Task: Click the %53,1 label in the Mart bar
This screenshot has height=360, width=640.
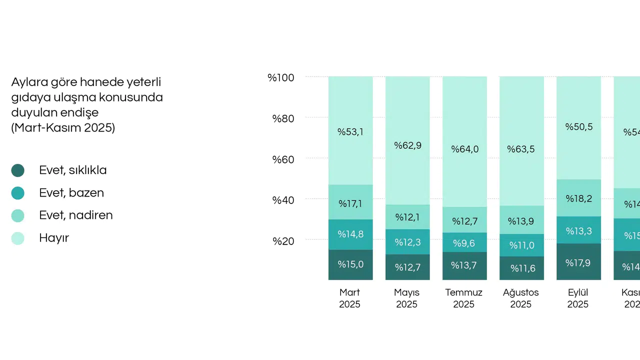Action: (350, 132)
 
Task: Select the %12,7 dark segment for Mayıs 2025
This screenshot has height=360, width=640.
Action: (407, 267)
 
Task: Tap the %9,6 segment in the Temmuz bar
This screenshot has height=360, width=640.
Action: (463, 243)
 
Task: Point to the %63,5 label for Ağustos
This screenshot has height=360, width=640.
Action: (521, 149)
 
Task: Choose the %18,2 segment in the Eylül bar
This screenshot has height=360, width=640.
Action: (578, 198)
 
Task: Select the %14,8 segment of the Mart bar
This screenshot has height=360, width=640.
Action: (350, 234)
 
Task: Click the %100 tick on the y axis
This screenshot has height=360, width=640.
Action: (280, 77)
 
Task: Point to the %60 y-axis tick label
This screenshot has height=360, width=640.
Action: (283, 159)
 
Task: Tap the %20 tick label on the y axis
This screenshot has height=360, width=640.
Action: (283, 241)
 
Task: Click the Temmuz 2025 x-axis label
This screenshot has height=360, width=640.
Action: (463, 298)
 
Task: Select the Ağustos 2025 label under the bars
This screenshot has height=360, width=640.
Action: (521, 298)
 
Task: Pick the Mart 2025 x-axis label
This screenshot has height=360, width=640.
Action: (349, 298)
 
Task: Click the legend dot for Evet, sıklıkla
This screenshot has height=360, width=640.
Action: (18, 170)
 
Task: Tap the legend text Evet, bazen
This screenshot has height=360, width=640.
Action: (71, 193)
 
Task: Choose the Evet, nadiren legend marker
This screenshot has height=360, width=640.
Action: (18, 215)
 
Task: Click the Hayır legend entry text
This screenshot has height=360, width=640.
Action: (54, 238)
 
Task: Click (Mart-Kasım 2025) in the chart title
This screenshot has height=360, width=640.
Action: (63, 127)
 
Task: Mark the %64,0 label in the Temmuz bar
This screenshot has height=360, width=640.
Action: (464, 149)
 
